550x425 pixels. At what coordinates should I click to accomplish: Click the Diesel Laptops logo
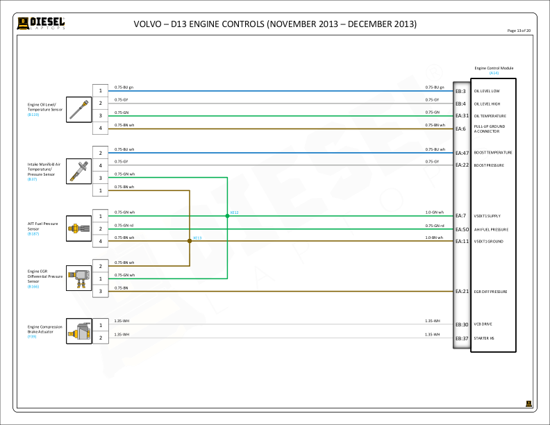point(42,24)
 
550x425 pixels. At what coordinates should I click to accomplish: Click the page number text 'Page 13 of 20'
point(519,31)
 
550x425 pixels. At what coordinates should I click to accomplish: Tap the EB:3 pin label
point(460,91)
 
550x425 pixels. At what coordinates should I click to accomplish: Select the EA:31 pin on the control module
point(462,116)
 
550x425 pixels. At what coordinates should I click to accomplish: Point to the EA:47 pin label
point(462,153)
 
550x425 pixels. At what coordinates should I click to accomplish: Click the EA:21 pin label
point(462,292)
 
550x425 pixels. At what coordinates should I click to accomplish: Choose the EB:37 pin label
point(462,338)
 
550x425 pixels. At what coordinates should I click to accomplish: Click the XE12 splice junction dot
point(227,216)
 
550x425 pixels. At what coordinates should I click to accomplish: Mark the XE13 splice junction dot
point(190,241)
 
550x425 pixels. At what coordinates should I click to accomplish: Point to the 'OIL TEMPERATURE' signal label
point(490,116)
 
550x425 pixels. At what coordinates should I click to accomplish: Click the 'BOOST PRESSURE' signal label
point(489,165)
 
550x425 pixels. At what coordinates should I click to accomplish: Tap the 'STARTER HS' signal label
point(484,338)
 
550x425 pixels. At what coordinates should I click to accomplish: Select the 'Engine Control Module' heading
point(494,68)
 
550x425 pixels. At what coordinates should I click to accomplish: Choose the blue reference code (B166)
point(33,286)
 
